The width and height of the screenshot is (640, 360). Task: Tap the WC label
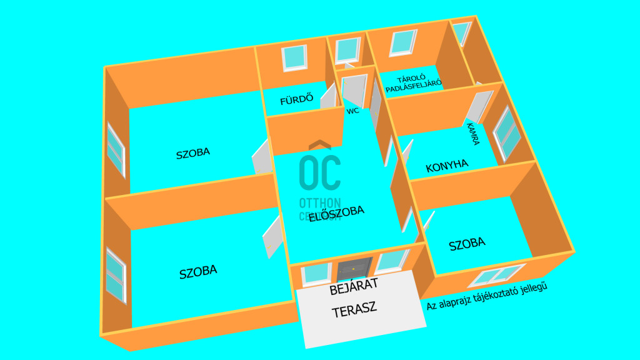coord(352,111)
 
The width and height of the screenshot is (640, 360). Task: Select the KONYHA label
coord(447,166)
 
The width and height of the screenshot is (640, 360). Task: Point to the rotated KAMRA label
coord(472,134)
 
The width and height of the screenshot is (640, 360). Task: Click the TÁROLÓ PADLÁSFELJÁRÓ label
coord(413,86)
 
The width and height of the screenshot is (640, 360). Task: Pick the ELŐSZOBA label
coord(336,211)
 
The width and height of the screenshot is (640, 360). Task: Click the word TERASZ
coord(354,311)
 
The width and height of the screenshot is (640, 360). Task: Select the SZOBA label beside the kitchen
coord(467,243)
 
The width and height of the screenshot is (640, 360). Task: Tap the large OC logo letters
coord(320,172)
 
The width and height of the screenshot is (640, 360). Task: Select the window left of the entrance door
coord(316,274)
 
